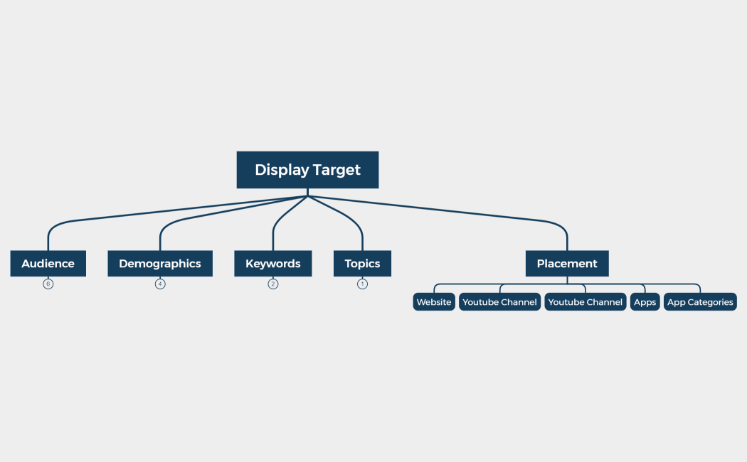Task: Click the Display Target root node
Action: [x=307, y=170]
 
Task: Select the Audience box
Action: [x=48, y=264]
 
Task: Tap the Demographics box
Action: [x=160, y=264]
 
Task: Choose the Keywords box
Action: [x=273, y=264]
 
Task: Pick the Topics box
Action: [x=362, y=264]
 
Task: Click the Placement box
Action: [x=567, y=264]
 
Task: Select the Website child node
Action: [x=434, y=302]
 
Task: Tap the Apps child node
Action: [x=645, y=302]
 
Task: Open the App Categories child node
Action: [x=700, y=302]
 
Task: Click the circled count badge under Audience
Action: [x=48, y=284]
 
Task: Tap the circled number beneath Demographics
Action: [x=160, y=284]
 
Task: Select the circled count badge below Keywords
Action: [x=273, y=284]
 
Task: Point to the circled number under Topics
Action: [x=362, y=284]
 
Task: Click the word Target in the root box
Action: [x=337, y=170]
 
